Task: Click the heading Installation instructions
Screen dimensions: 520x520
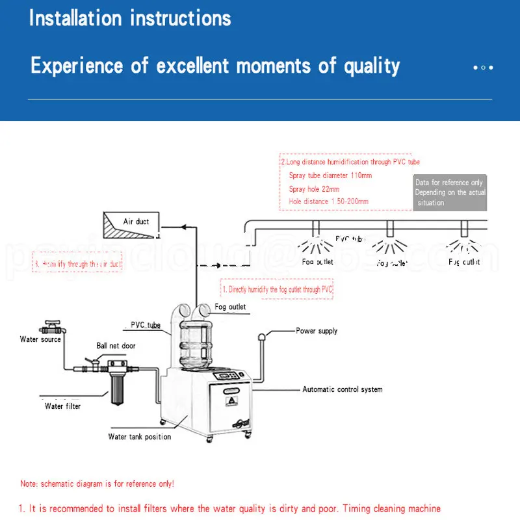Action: [x=130, y=18]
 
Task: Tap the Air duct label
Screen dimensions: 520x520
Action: [x=136, y=222]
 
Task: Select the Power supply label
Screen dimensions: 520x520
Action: [x=317, y=331]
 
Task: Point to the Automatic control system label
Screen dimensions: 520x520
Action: [x=342, y=389]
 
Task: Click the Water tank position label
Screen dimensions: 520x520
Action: [x=139, y=437]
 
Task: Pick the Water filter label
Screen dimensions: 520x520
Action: [x=62, y=406]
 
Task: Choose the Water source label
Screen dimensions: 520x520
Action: [x=40, y=339]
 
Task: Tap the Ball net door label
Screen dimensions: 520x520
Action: [x=116, y=346]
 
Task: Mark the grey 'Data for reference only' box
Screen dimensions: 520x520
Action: [x=450, y=192]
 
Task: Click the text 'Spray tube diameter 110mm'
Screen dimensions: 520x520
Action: [x=330, y=175]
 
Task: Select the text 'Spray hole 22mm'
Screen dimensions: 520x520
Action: [x=315, y=188]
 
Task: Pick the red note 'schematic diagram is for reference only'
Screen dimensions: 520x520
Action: [x=97, y=484]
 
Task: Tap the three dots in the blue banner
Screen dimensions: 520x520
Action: [x=483, y=67]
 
